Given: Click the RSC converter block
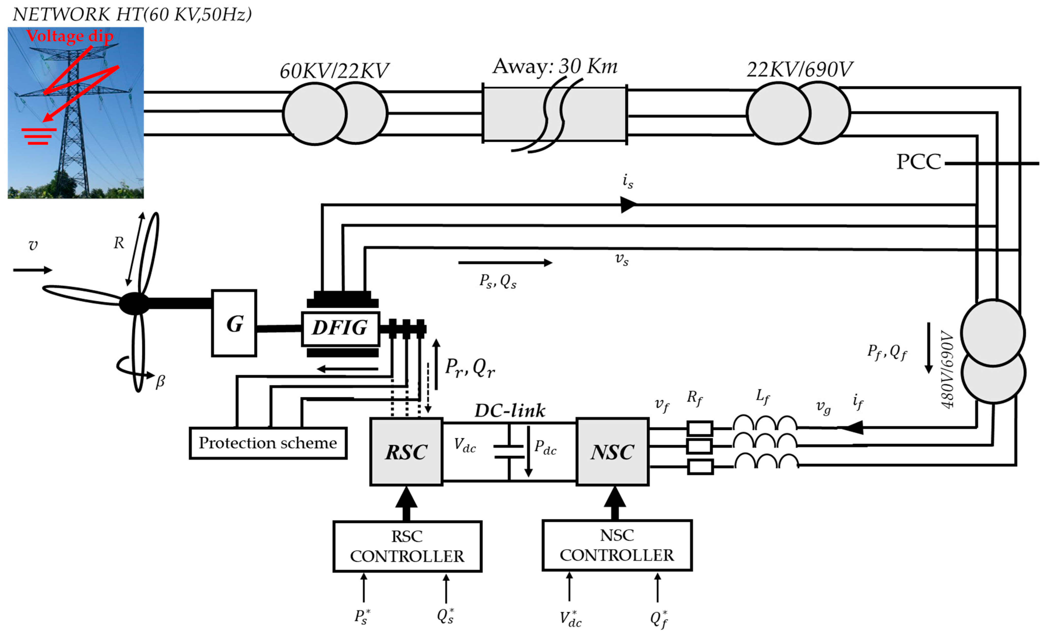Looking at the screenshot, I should [406, 452].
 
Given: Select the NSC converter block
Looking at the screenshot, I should [612, 452].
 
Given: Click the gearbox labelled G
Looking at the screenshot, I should [234, 323].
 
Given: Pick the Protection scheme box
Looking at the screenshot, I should [268, 443].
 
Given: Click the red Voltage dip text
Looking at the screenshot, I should [70, 36].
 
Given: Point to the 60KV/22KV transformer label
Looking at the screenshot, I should [334, 71].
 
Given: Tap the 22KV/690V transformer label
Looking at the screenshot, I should [799, 69].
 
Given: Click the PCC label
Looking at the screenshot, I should [918, 162].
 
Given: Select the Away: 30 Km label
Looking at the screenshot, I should [555, 66].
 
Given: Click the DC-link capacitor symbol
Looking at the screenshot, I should [509, 452].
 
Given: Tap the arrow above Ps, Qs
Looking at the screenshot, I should [505, 263].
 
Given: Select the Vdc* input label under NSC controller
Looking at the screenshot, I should [570, 618].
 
